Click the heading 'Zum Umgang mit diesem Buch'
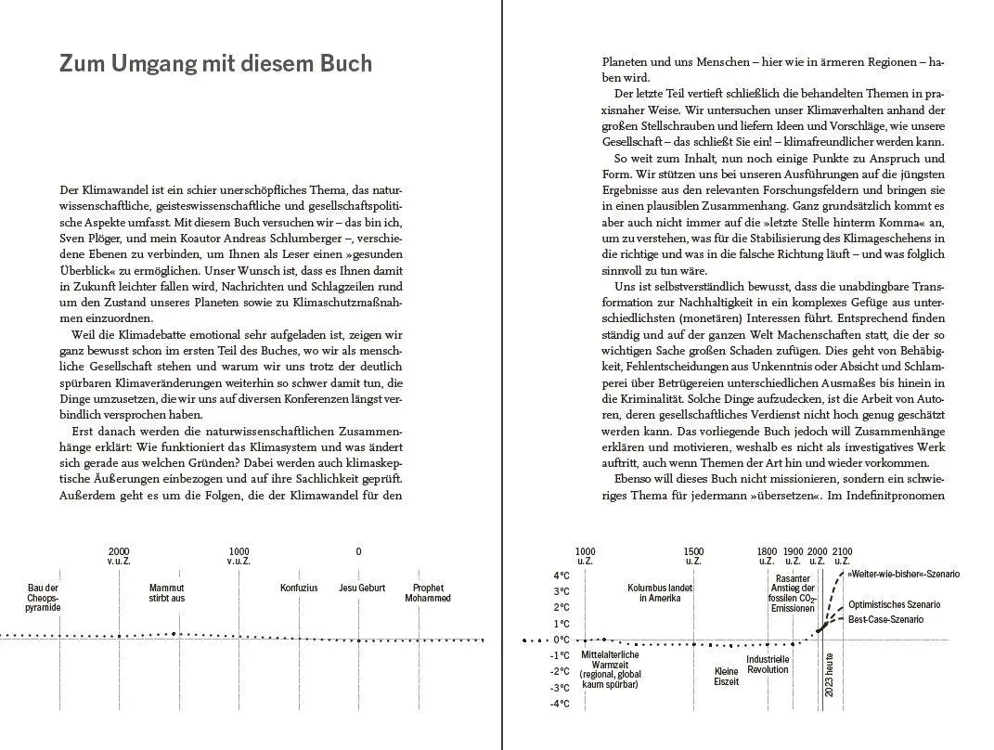[x=215, y=63]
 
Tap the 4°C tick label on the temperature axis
[x=562, y=575]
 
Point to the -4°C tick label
[x=560, y=704]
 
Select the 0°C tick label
[x=562, y=640]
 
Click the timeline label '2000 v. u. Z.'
[x=119, y=556]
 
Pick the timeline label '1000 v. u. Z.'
[x=239, y=556]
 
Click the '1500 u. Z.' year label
[x=693, y=556]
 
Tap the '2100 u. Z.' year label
[x=842, y=556]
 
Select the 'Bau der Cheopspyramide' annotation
[x=44, y=598]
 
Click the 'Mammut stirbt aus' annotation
[x=167, y=593]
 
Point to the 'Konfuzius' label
[x=299, y=588]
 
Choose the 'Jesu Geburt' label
[x=362, y=588]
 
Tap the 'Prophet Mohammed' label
[x=428, y=593]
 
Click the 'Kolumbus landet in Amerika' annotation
[x=660, y=593]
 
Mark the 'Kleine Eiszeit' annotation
[x=727, y=676]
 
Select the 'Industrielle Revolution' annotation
[x=768, y=665]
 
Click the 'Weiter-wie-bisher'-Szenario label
[x=902, y=575]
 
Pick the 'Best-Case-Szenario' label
[x=886, y=619]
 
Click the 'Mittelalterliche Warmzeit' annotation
[x=610, y=669]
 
